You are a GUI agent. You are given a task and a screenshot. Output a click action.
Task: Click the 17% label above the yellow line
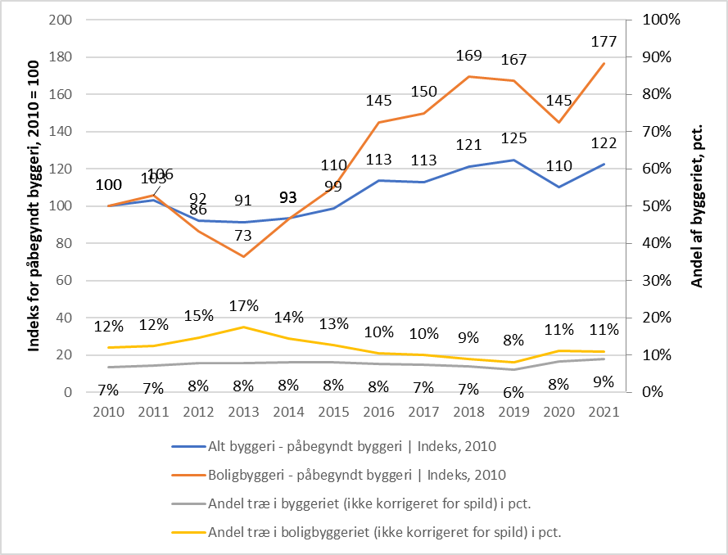click(x=243, y=306)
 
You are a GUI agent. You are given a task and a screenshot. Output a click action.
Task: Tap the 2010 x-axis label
click(x=109, y=413)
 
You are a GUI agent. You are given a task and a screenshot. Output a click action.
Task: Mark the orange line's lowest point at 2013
click(x=243, y=256)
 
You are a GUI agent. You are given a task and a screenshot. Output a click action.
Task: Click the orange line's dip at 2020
click(x=558, y=123)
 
